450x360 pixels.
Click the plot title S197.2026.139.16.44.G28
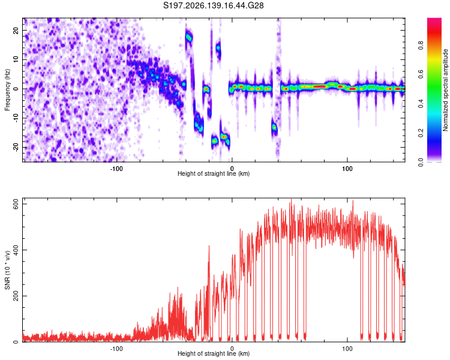pyautogui.click(x=213, y=5)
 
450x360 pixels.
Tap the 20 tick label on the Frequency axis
pyautogui.click(x=16, y=31)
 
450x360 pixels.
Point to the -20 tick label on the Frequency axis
pyautogui.click(x=16, y=147)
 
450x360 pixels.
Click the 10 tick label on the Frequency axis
pyautogui.click(x=16, y=59)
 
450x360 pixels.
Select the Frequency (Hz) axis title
pyautogui.click(x=7, y=90)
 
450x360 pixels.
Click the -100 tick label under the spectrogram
pyautogui.click(x=116, y=169)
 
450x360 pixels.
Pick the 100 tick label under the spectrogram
pyautogui.click(x=347, y=169)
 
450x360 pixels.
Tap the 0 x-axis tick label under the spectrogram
pyautogui.click(x=232, y=169)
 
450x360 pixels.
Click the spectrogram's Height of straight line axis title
pyautogui.click(x=214, y=173)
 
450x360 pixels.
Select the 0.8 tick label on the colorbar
pyautogui.click(x=421, y=46)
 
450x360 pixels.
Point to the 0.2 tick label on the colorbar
pyautogui.click(x=421, y=133)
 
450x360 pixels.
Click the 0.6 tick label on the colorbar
pyautogui.click(x=421, y=74)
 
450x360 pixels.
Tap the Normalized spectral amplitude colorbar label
pyautogui.click(x=445, y=89)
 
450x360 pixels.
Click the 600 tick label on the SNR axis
pyautogui.click(x=16, y=204)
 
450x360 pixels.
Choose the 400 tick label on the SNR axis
pyautogui.click(x=16, y=250)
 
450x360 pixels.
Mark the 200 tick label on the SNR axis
pyautogui.click(x=16, y=296)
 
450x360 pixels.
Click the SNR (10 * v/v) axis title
pyautogui.click(x=7, y=270)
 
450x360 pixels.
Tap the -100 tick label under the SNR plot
pyautogui.click(x=116, y=349)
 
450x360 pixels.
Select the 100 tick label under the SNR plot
pyautogui.click(x=347, y=349)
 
